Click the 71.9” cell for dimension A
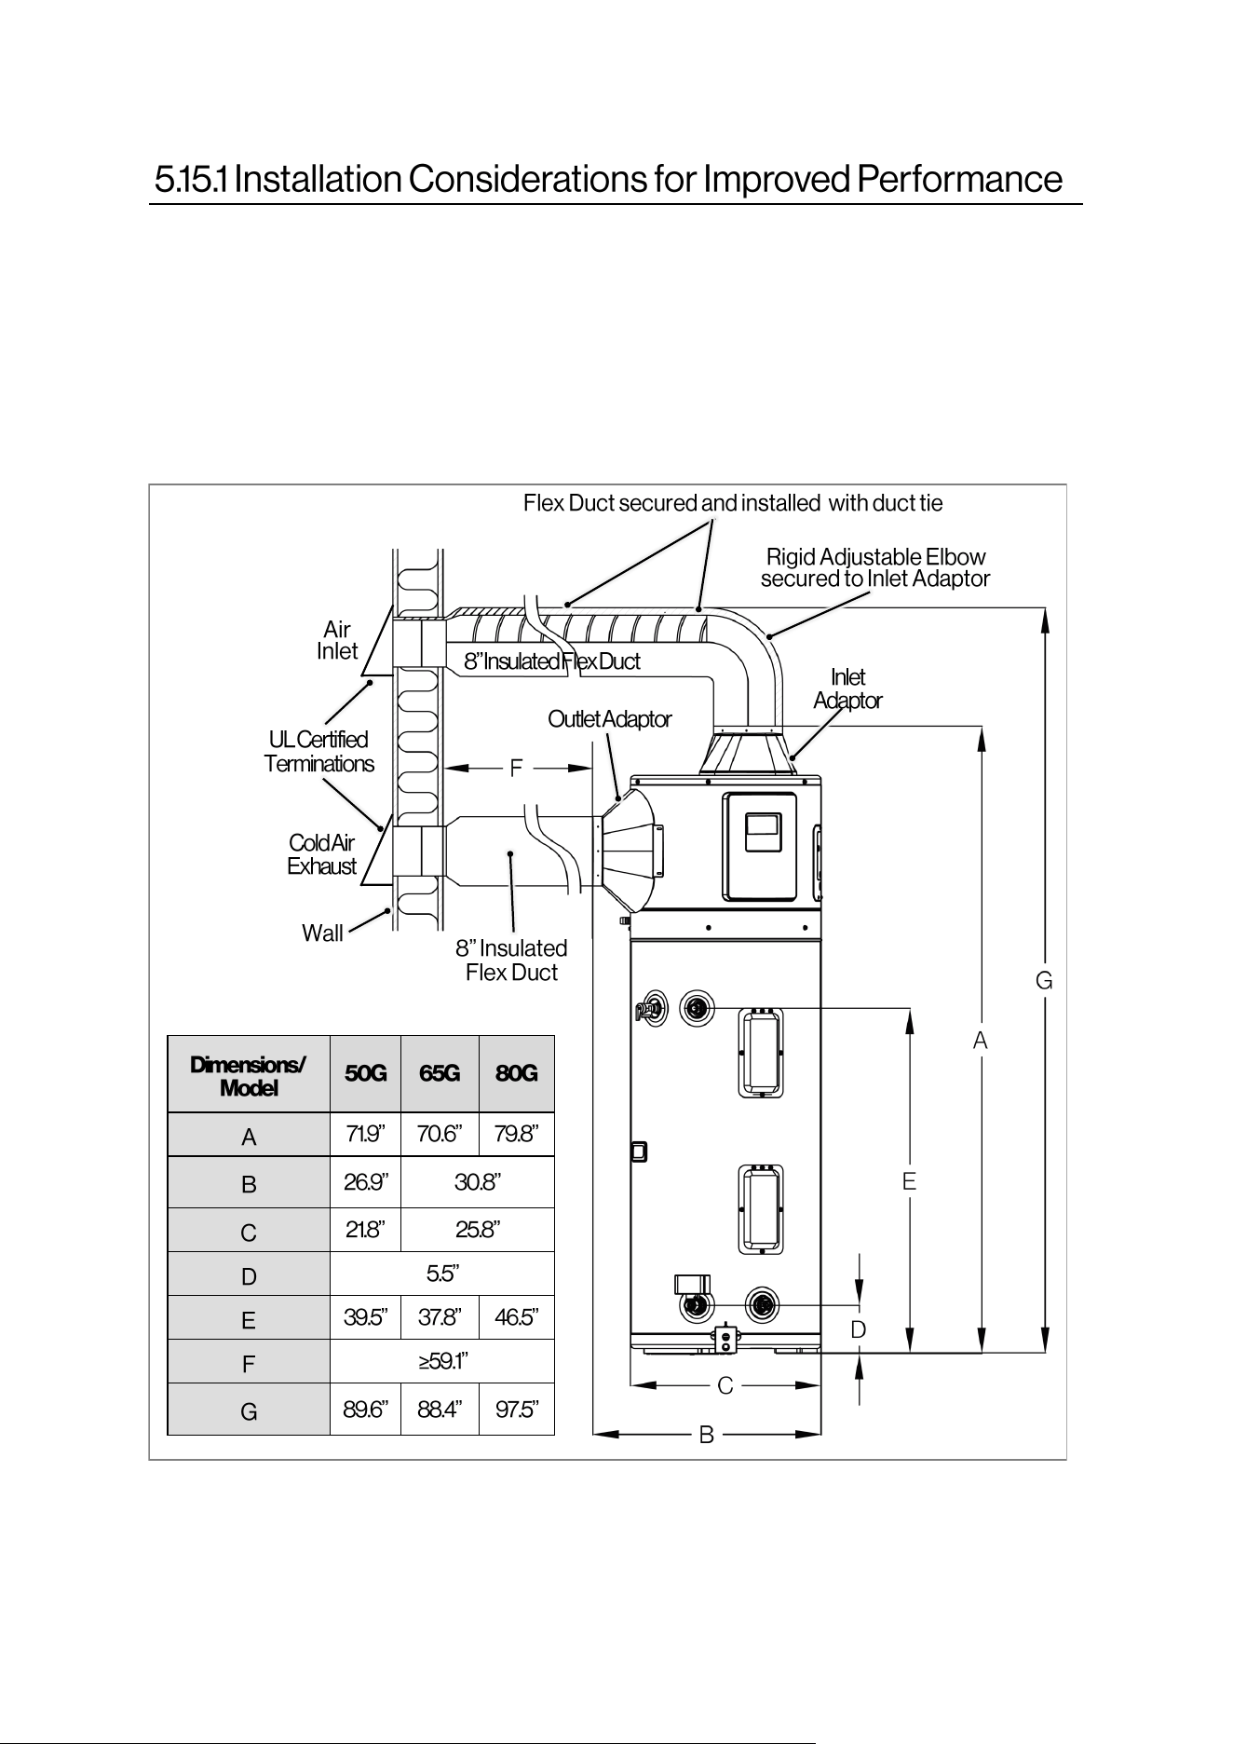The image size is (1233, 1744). pos(365,1134)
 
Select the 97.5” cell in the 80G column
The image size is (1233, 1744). pos(517,1409)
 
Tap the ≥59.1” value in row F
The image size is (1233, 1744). pos(442,1361)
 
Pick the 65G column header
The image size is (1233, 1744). pos(440,1073)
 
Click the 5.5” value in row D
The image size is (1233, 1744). pos(442,1273)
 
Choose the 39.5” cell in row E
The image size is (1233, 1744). pos(365,1317)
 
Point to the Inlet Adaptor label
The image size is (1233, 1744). pos(847,688)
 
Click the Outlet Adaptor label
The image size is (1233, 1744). pos(609,719)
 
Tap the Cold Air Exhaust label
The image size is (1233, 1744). pos(321,854)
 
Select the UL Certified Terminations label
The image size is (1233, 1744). pos(318,751)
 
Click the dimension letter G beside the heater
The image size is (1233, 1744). pos(1044,981)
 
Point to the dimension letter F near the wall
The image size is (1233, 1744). pos(516,769)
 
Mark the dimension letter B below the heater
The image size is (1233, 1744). pos(706,1435)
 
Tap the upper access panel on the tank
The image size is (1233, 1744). pos(761,1053)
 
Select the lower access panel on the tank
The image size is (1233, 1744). pos(761,1209)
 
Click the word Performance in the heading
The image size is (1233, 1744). pos(959,179)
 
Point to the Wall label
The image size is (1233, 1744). pos(322,933)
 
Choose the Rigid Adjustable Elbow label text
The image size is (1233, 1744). pos(875,557)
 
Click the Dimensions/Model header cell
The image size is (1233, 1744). pos(249,1074)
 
